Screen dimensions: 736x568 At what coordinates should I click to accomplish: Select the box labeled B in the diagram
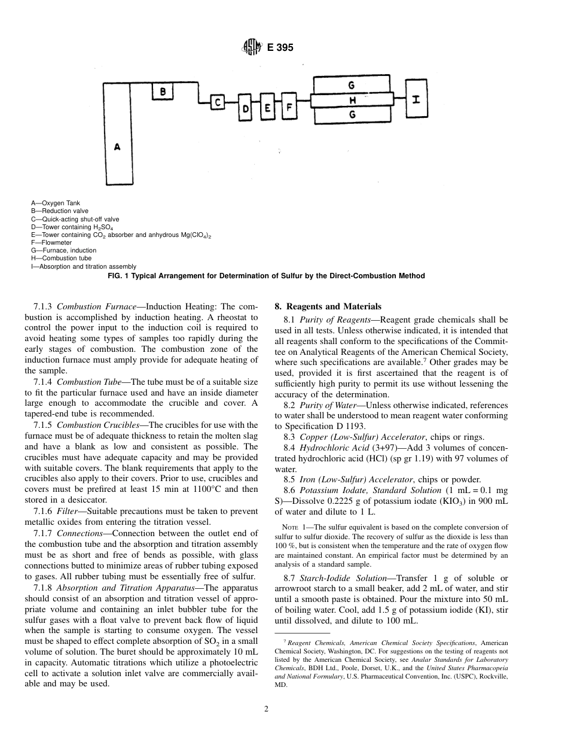pyautogui.click(x=163, y=92)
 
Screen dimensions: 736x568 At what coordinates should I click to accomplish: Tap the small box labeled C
pyautogui.click(x=219, y=102)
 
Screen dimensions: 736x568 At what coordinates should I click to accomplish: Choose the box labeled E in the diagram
pyautogui.click(x=267, y=108)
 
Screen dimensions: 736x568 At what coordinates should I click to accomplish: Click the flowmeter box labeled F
pyautogui.click(x=289, y=108)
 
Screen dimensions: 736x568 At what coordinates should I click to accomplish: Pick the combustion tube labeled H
pyautogui.click(x=353, y=99)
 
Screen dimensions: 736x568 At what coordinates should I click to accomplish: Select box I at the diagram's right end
pyautogui.click(x=417, y=99)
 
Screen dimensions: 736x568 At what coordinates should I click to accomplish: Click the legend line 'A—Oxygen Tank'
pyautogui.click(x=55, y=203)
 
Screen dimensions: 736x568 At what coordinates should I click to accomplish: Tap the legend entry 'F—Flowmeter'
pyautogui.click(x=51, y=243)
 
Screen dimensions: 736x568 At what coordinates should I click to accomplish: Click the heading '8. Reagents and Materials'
pyautogui.click(x=327, y=307)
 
